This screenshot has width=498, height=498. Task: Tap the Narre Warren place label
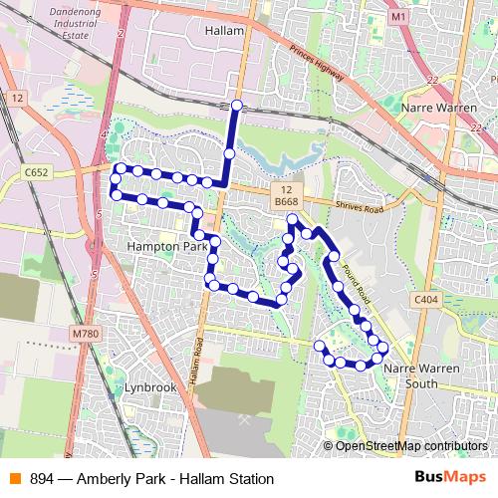433,105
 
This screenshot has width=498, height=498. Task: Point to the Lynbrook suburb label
150,386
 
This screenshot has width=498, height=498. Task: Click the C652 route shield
37,172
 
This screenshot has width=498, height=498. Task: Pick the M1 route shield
399,17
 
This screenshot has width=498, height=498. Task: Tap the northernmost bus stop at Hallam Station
236,105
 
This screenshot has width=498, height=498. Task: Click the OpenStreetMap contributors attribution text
411,446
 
